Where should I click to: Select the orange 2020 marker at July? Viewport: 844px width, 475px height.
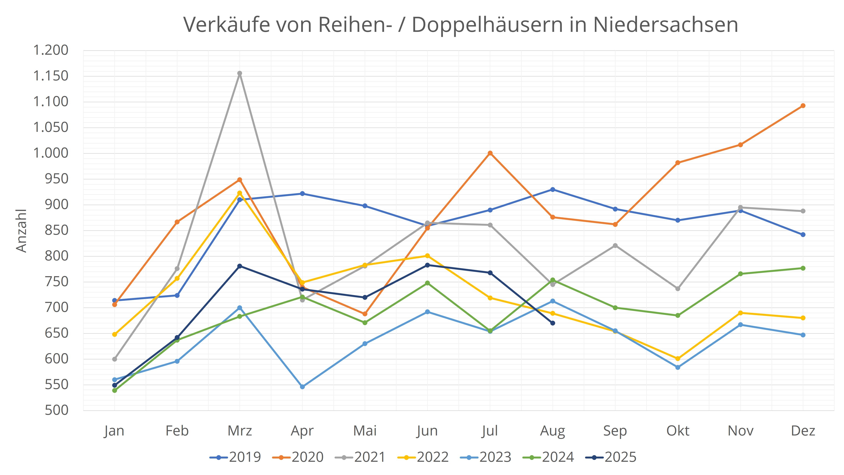[490, 153]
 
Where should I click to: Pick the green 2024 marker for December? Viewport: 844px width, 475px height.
[803, 268]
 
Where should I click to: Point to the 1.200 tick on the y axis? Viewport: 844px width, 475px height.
[51, 50]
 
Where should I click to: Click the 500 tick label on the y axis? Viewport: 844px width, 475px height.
[56, 410]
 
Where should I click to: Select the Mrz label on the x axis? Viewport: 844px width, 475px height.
[240, 431]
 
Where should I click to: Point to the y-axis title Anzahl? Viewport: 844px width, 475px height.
[21, 230]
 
